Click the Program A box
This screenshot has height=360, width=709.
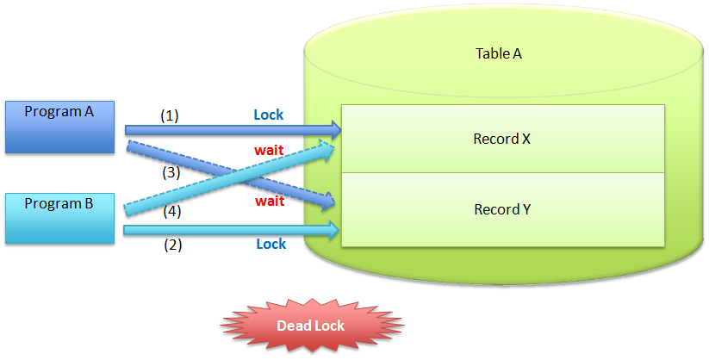(x=60, y=127)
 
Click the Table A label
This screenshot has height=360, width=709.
(x=499, y=53)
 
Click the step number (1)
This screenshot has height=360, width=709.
(x=170, y=115)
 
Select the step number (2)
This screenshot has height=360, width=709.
(x=173, y=245)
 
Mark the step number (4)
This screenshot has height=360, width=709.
(x=173, y=209)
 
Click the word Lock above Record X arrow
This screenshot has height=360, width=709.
(x=268, y=115)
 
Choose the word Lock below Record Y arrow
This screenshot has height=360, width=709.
(x=271, y=245)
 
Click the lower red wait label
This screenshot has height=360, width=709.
(x=269, y=201)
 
